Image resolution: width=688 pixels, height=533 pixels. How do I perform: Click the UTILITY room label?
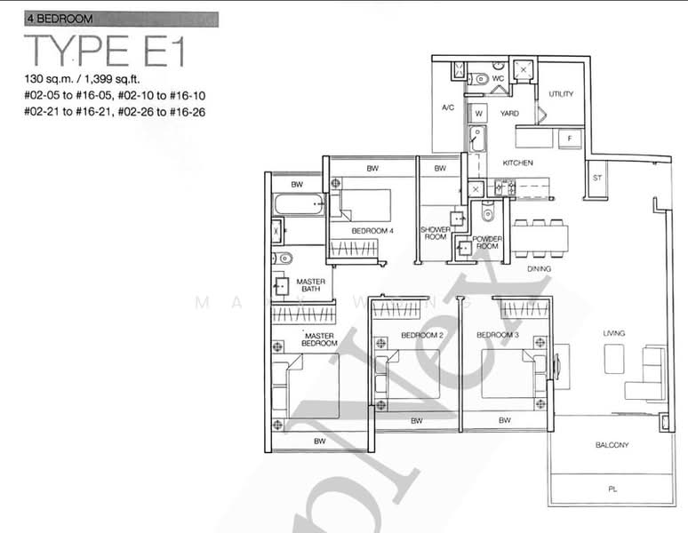click(x=561, y=94)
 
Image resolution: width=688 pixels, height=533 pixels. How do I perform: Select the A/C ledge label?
click(x=448, y=108)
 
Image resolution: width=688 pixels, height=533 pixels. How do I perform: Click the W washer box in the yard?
click(x=478, y=114)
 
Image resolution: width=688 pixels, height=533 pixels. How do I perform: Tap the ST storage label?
click(x=597, y=178)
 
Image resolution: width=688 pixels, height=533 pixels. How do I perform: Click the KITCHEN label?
click(x=517, y=163)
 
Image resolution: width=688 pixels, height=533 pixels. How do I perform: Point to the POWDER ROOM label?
click(x=487, y=243)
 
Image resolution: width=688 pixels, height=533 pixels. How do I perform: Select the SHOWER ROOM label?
click(x=436, y=233)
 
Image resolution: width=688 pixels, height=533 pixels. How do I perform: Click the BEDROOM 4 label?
click(x=372, y=231)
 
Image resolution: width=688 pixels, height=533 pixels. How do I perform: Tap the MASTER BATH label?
click(x=310, y=285)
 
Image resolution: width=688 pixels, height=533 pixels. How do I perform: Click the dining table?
click(x=540, y=237)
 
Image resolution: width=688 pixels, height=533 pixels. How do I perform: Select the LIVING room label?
click(x=614, y=333)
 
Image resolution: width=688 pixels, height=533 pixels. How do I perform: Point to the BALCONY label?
click(x=612, y=445)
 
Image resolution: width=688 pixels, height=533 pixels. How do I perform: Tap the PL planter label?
click(x=612, y=489)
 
